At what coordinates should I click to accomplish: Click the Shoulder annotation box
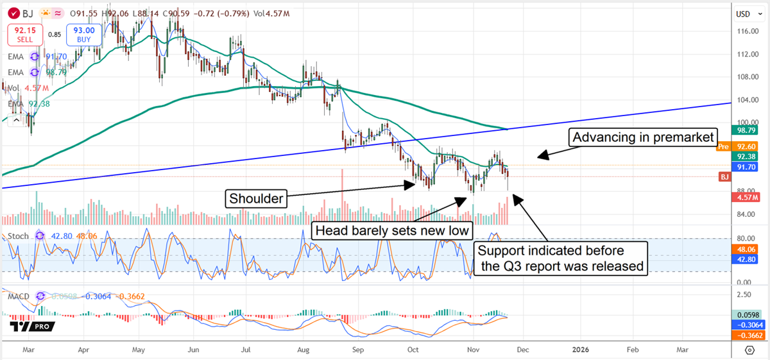[x=255, y=199]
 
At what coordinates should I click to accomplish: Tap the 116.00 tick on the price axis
[x=744, y=31]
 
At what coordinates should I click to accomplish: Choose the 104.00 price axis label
[x=744, y=100]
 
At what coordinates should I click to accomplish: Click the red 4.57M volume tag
[x=745, y=198]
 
